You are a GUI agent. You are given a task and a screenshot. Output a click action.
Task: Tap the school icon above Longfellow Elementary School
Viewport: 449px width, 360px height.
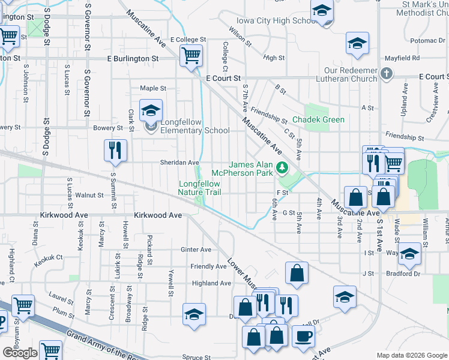[151, 110]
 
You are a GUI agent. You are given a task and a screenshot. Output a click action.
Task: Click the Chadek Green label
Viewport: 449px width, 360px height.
[319, 119]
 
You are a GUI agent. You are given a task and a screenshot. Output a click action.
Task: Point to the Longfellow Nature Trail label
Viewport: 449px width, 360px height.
[200, 188]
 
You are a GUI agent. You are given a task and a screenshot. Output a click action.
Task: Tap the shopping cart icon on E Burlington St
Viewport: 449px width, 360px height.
[191, 56]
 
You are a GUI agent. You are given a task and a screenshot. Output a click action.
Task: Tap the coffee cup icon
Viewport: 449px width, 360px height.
[303, 337]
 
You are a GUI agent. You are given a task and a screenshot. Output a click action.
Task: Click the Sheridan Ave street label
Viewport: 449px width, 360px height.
[179, 163]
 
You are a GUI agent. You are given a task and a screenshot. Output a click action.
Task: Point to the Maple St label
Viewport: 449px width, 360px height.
[153, 88]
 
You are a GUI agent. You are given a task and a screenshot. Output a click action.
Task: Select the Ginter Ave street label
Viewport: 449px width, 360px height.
[196, 250]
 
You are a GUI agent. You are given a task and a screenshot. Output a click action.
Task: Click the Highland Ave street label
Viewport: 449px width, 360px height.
[211, 283]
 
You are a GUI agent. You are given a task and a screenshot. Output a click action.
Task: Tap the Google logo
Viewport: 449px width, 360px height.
[20, 353]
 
